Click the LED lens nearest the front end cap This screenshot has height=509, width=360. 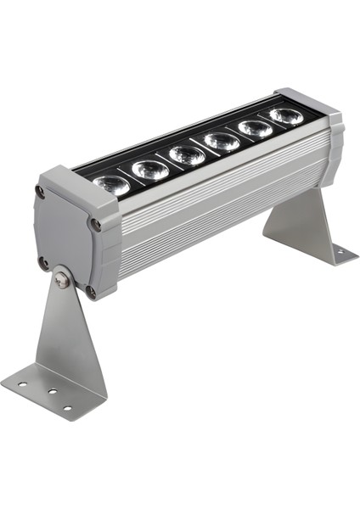pos(112,183)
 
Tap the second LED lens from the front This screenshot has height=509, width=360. pos(150,169)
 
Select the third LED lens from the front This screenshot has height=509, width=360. pos(187,154)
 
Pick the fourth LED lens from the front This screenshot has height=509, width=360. pos(222,141)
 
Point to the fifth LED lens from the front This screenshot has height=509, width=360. pos(254,127)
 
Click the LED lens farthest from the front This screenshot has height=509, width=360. pos(285,115)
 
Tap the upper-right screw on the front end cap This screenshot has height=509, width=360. pos(95,225)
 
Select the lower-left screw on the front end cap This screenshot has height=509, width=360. pos(43,262)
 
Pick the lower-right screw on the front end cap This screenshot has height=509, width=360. pos(91,292)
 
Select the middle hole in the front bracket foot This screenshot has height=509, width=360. pos(51,394)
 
